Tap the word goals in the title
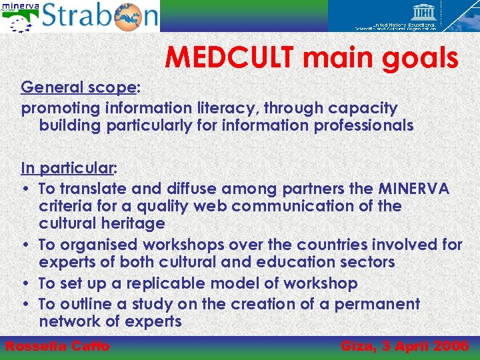(419, 58)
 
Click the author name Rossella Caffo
(57, 346)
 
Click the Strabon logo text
(100, 17)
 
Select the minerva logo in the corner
(20, 16)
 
